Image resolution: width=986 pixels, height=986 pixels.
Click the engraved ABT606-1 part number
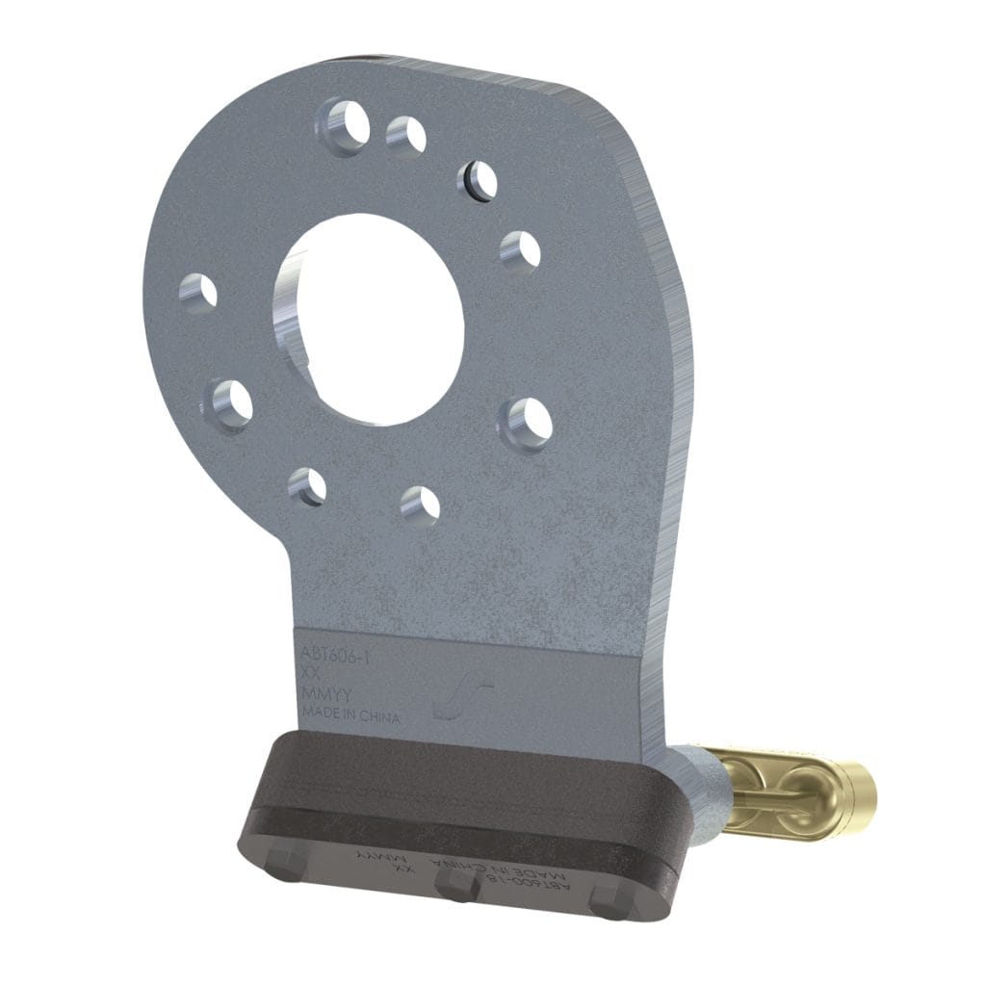336,656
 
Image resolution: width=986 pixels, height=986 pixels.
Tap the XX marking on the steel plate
311,675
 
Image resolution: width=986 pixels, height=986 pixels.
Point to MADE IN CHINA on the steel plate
350,714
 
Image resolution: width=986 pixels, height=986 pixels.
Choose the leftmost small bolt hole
200,292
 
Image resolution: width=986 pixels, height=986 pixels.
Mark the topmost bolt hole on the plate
345,123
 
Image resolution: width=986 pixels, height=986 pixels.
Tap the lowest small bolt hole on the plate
420,505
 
